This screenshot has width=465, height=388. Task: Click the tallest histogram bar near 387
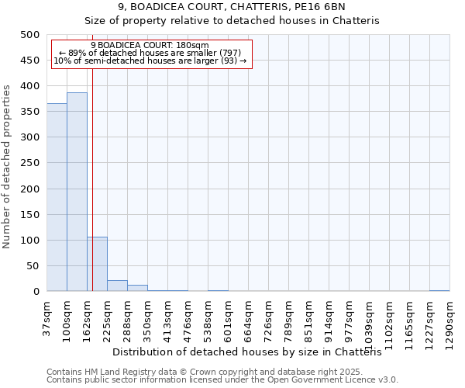pos(77,192)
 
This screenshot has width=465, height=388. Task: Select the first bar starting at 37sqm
pos(57,197)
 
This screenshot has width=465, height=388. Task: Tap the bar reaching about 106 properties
pos(97,264)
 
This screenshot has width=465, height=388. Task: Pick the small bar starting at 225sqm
pos(117,286)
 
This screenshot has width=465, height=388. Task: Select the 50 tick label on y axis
pos(32,266)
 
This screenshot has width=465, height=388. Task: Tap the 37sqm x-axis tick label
pos(47,317)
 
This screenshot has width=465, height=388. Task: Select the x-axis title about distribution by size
pos(253,352)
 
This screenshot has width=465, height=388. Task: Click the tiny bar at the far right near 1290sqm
pos(439,290)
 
